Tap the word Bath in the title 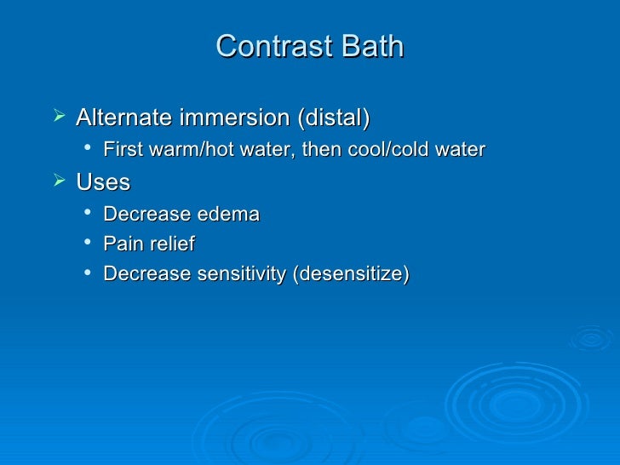[x=370, y=47]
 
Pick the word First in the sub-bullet [x=121, y=151]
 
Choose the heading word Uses [x=103, y=182]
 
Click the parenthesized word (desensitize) [x=352, y=274]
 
